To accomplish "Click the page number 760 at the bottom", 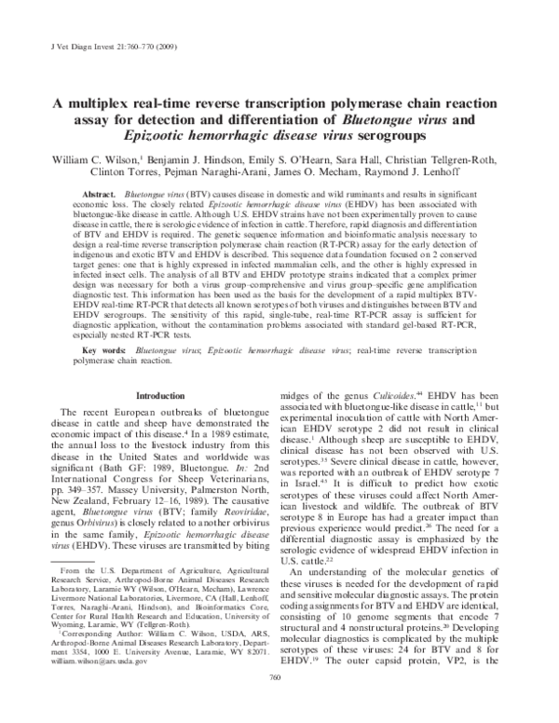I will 276,705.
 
